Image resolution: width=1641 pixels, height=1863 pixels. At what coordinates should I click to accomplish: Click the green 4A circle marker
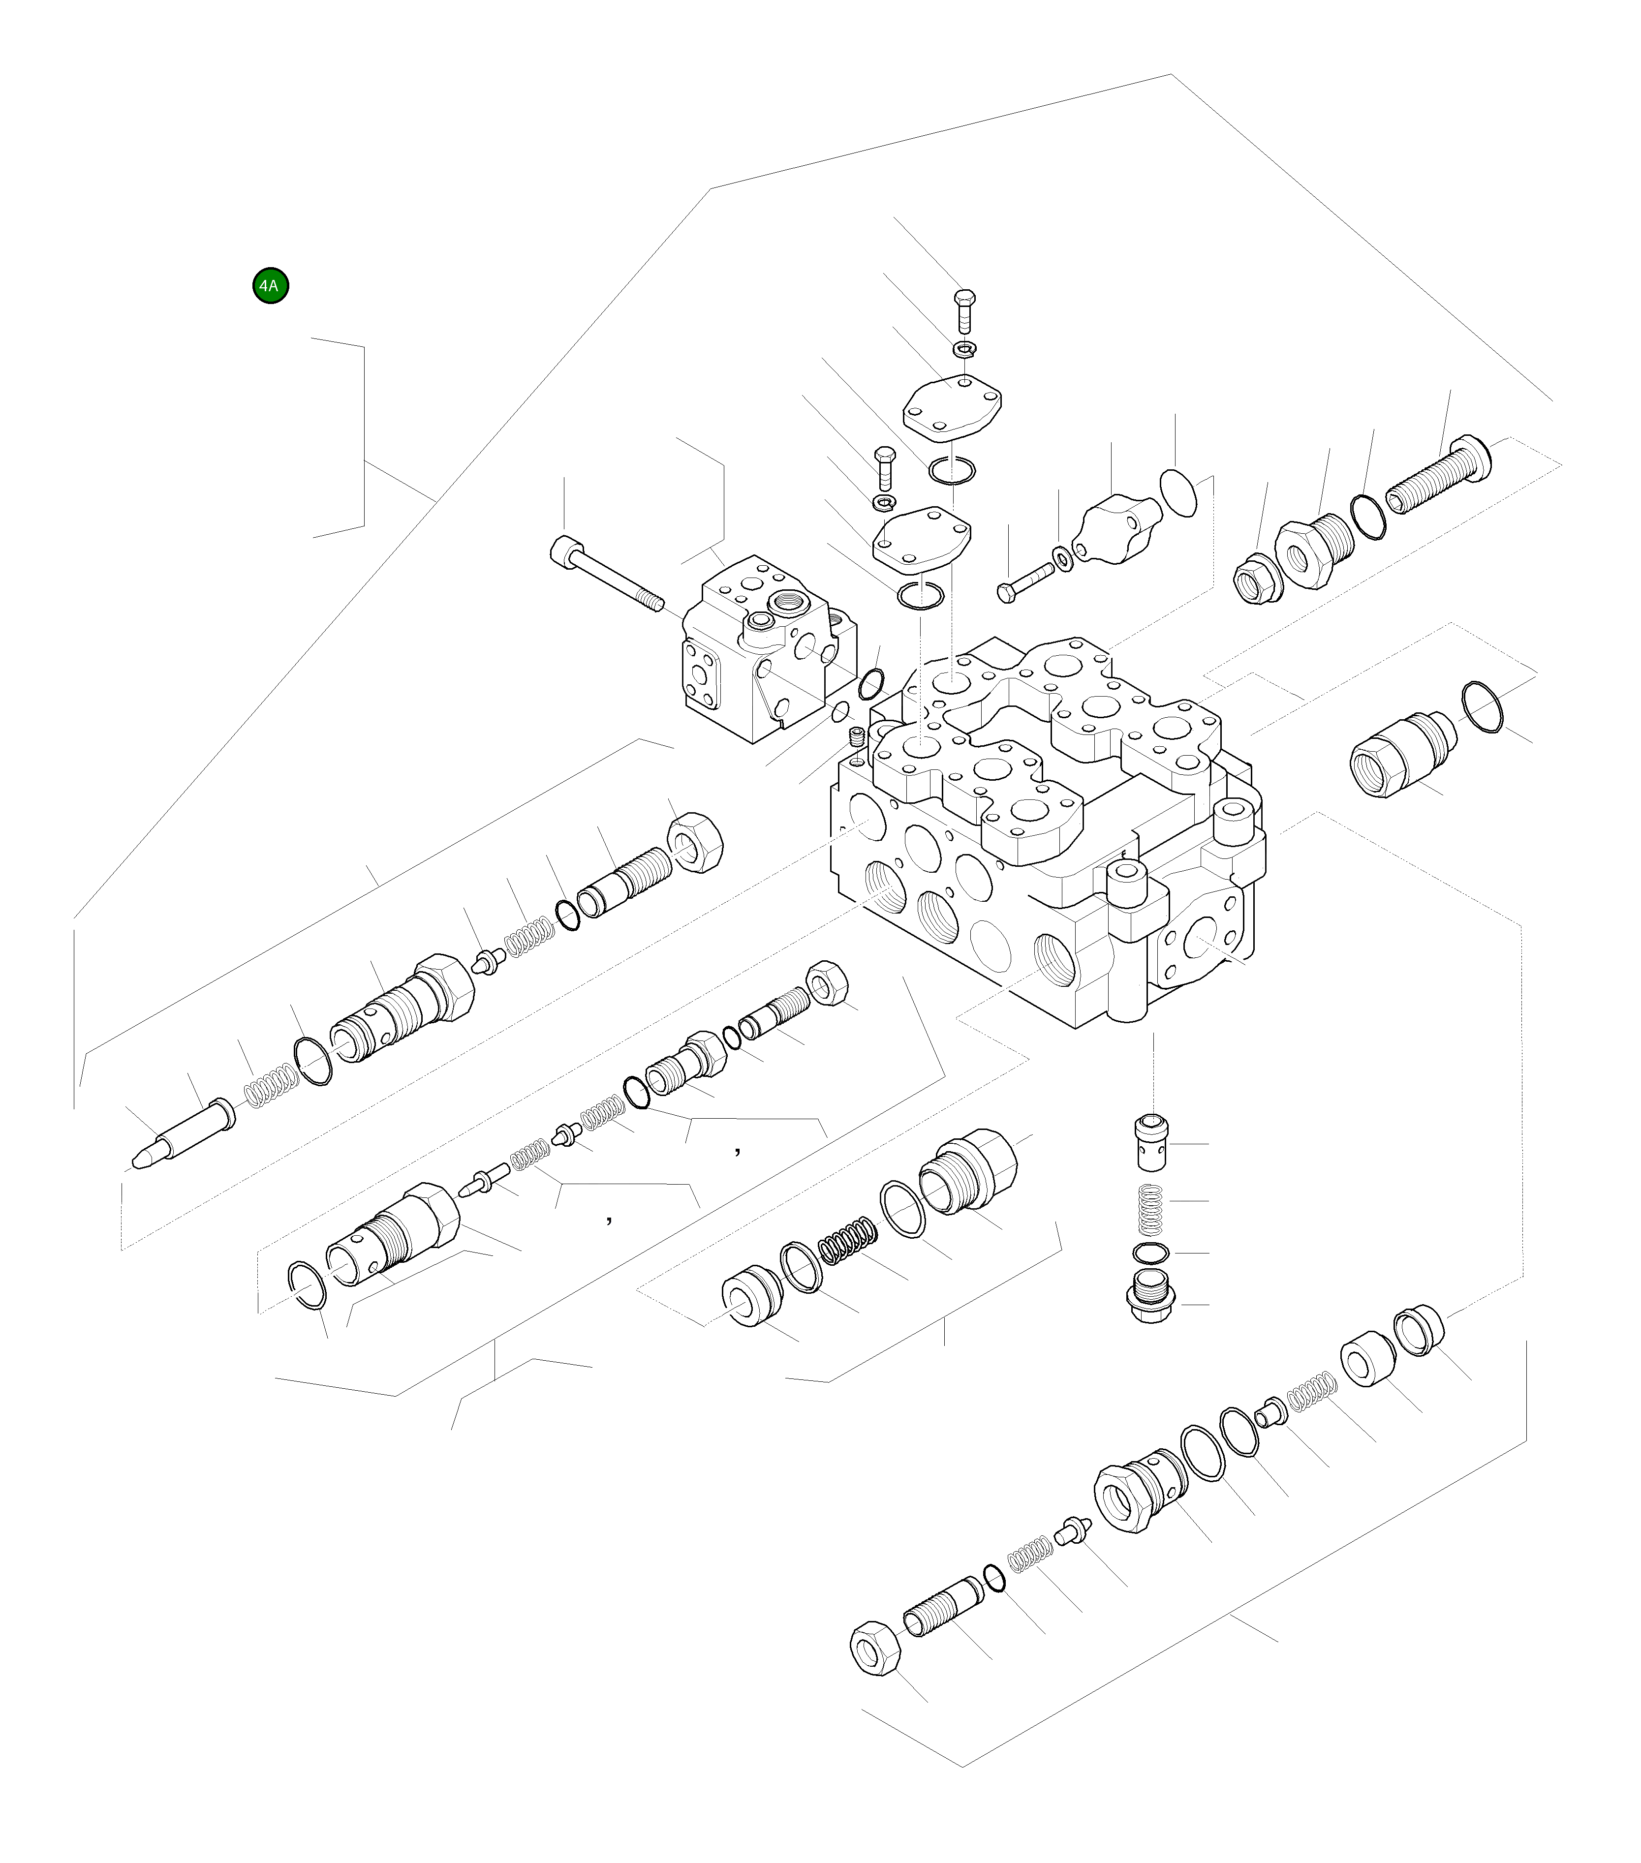[x=271, y=285]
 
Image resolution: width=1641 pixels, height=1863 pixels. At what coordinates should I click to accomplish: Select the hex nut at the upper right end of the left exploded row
[x=697, y=842]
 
